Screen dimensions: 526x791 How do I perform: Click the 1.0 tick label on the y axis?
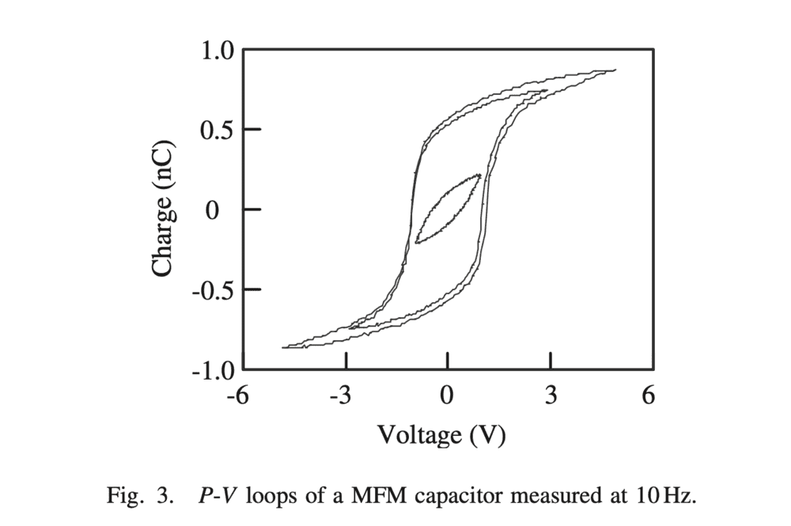pos(216,51)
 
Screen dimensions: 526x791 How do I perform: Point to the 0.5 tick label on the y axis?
pos(216,131)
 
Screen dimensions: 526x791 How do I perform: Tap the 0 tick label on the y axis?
pos(213,210)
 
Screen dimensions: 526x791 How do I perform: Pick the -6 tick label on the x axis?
pos(237,395)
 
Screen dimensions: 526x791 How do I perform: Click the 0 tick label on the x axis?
pos(448,395)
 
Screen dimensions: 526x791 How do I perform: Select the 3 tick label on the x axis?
pos(551,395)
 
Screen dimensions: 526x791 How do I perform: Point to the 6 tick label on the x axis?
pos(649,395)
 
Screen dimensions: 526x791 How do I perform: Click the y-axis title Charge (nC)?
pos(162,210)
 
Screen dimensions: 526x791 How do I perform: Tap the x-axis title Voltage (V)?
pos(441,434)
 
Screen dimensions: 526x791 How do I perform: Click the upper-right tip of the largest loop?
pos(615,70)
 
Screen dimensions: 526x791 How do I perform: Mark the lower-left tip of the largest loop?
pos(283,347)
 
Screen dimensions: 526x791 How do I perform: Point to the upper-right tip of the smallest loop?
pos(479,175)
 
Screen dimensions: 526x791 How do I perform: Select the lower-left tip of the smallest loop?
pos(415,243)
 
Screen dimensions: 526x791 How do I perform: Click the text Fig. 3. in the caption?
pos(138,497)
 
